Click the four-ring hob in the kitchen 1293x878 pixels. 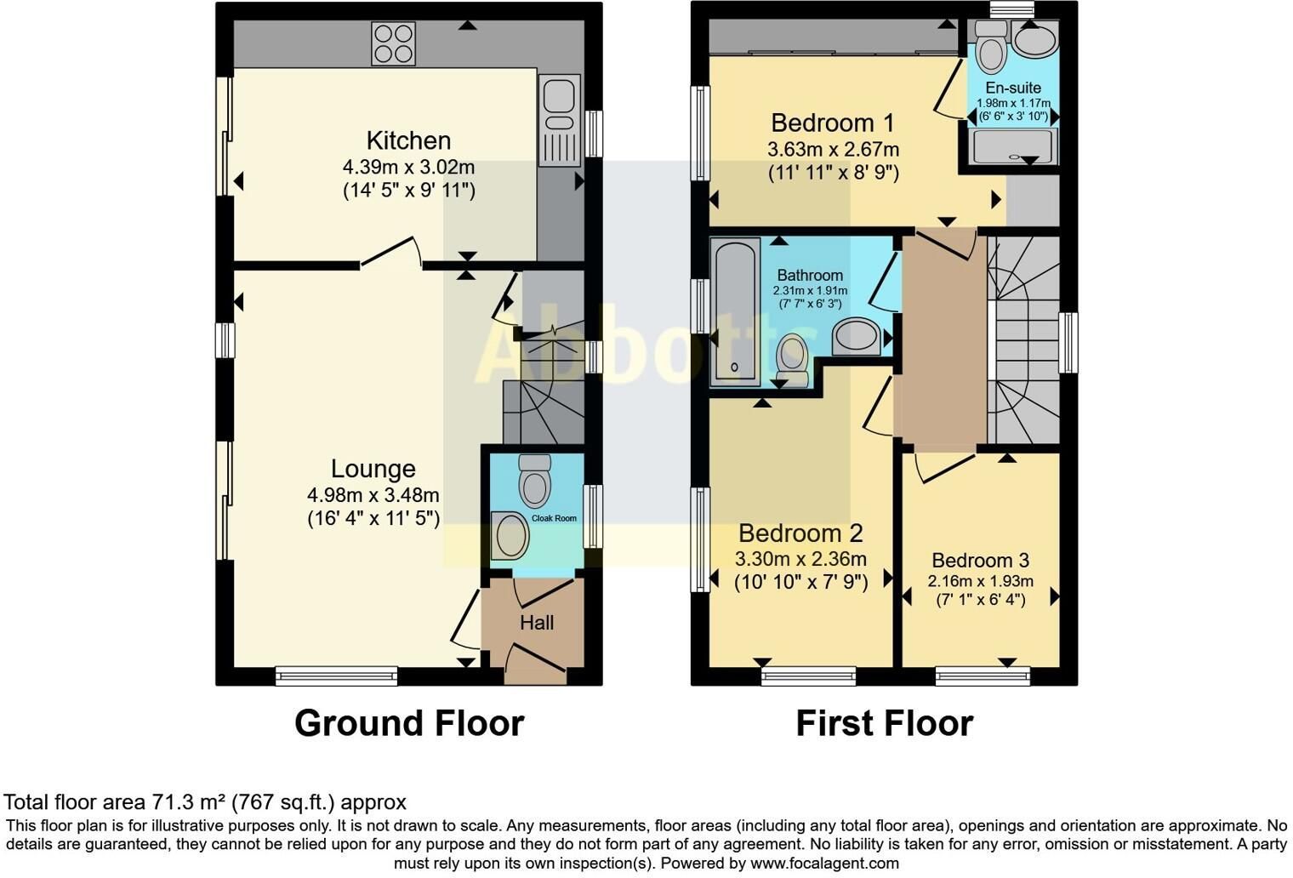click(x=394, y=43)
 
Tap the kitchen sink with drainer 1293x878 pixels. click(x=560, y=121)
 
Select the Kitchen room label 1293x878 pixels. click(x=408, y=141)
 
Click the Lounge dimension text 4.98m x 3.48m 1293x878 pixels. click(x=373, y=495)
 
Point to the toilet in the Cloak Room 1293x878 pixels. click(x=535, y=481)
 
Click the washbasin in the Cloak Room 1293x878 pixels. click(x=510, y=536)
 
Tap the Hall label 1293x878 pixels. click(x=537, y=622)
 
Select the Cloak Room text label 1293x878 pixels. click(x=554, y=518)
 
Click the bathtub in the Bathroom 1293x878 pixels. click(x=735, y=311)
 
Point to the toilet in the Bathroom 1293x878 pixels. click(x=792, y=361)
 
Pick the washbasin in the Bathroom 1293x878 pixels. click(x=857, y=337)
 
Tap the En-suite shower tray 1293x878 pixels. click(x=1014, y=146)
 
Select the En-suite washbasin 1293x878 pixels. click(x=1035, y=39)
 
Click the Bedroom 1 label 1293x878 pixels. click(x=832, y=123)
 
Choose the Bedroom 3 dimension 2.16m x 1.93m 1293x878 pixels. click(x=981, y=581)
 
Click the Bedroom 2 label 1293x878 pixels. click(x=800, y=533)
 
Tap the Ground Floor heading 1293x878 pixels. click(x=409, y=723)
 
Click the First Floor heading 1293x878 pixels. click(x=885, y=723)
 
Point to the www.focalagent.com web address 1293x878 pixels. click(x=824, y=864)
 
